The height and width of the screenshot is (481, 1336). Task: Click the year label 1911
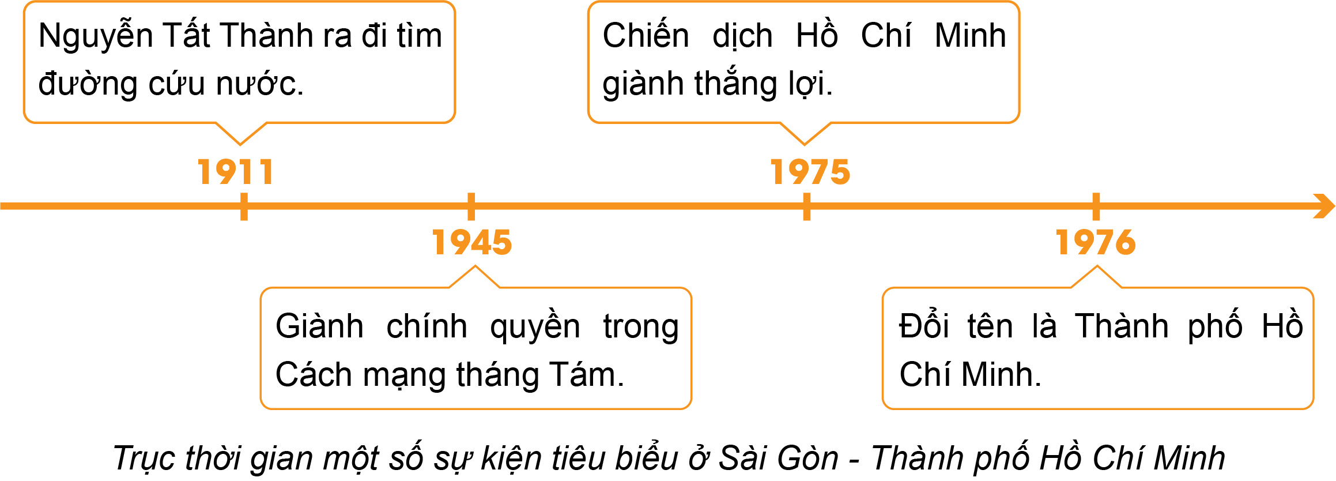[236, 172]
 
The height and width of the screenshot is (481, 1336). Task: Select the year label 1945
[472, 242]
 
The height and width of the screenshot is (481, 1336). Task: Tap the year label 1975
[810, 172]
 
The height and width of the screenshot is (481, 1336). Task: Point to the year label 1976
[1096, 242]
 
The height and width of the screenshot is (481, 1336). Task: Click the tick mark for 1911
[244, 206]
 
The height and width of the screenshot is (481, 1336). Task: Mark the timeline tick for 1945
[471, 206]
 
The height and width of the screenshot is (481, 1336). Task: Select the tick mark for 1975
[806, 206]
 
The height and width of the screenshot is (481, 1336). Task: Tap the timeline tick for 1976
[1096, 206]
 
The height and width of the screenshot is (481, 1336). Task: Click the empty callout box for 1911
[239, 62]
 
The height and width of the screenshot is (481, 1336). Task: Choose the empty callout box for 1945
[475, 348]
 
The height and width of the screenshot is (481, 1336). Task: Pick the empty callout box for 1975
[803, 62]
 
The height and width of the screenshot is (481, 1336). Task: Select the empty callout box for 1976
[1097, 348]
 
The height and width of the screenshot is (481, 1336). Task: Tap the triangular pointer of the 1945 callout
[475, 276]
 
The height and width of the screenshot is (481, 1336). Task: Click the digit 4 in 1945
[481, 242]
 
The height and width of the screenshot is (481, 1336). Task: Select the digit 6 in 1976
[1126, 242]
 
